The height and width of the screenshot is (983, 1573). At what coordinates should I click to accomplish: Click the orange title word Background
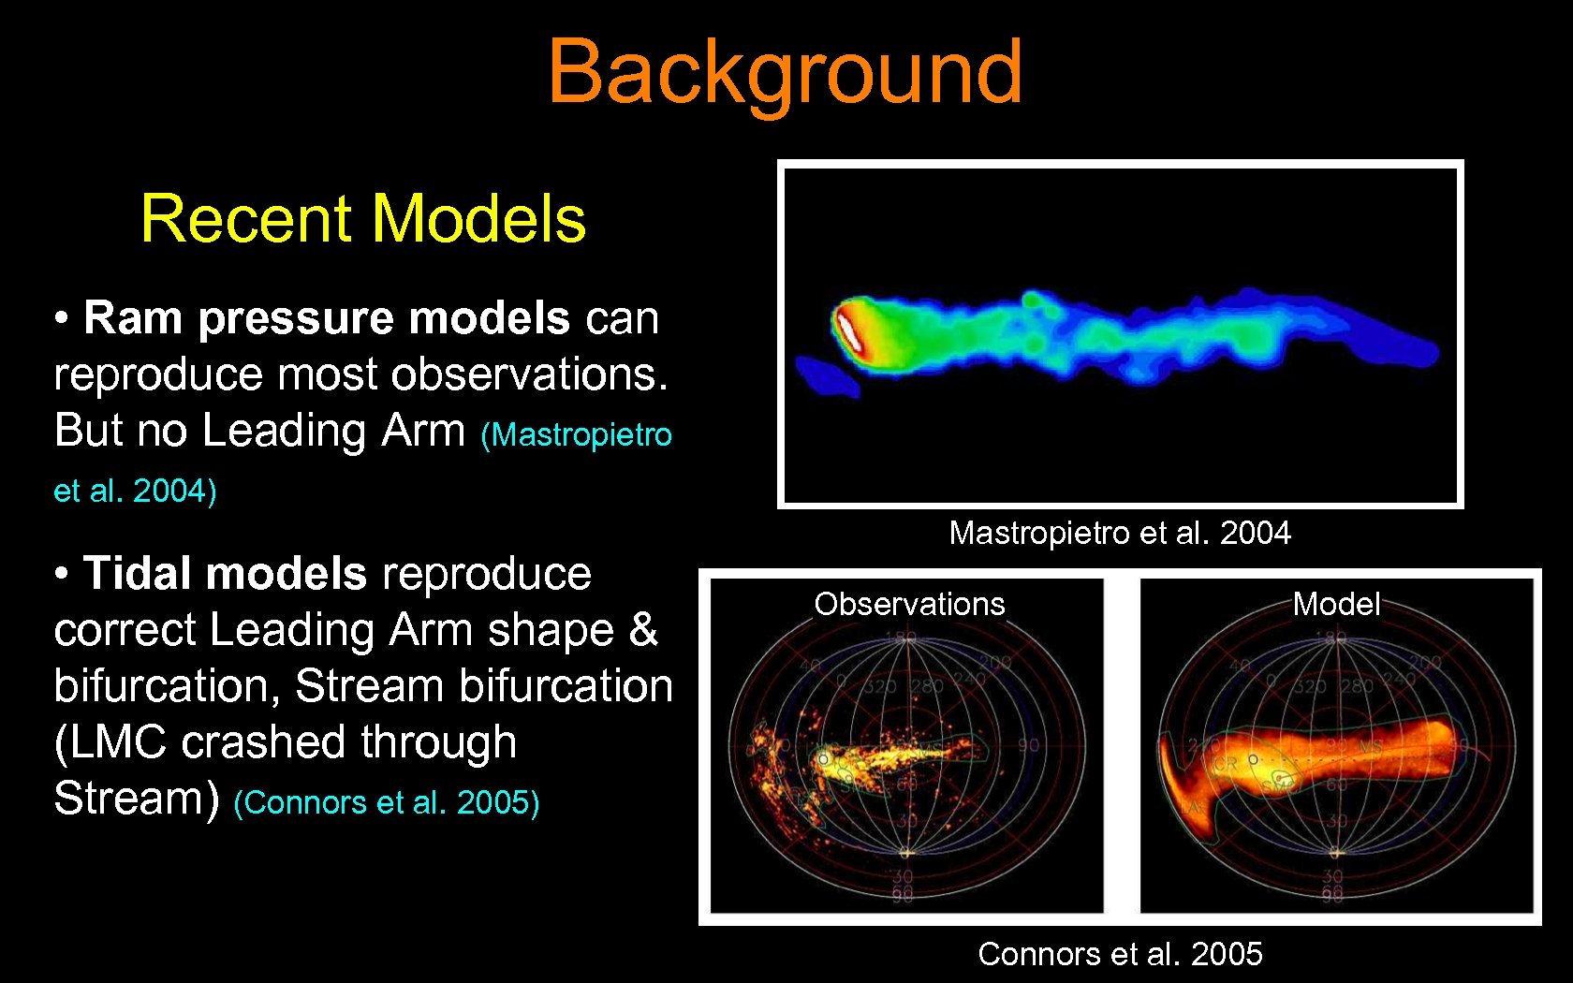pos(785,72)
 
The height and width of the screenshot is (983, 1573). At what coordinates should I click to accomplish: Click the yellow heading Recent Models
pos(363,218)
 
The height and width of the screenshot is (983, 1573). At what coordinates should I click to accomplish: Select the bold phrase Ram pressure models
pos(326,318)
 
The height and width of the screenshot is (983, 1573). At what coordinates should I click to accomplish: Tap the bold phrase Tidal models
pos(225,573)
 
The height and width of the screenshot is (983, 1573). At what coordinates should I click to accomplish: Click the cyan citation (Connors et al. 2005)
pos(386,802)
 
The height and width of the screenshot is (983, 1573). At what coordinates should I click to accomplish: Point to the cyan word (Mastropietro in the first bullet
pos(576,434)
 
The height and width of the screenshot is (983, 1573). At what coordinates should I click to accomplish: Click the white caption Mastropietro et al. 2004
pos(1120,533)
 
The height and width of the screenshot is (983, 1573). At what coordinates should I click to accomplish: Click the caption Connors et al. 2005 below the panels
pos(1120,954)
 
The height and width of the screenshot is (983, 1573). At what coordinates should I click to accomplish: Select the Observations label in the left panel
pos(909,604)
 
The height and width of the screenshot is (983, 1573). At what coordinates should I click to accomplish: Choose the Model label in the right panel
pos(1336,604)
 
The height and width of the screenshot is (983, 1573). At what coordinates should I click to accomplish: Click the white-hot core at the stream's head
pos(848,331)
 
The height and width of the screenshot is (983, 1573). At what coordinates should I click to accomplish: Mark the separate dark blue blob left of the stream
pos(826,375)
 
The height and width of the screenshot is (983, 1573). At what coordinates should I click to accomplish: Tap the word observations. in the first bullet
pos(529,374)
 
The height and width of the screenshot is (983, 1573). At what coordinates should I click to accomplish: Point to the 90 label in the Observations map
pos(1028,746)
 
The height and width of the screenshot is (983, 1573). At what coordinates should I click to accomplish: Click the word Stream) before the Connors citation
pos(136,799)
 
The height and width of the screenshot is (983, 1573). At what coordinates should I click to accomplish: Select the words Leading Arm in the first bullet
pos(333,431)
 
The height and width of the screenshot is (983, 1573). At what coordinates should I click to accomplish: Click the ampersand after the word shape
pos(643,629)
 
